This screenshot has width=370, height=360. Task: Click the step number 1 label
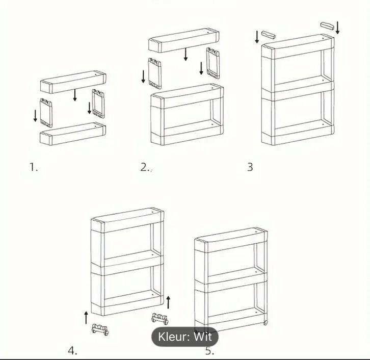click(x=34, y=167)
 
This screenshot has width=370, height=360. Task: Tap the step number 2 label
click(x=145, y=167)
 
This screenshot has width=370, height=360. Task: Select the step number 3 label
click(x=250, y=167)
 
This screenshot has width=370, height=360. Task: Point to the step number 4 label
click(x=72, y=350)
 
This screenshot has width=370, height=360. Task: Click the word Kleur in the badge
click(x=174, y=337)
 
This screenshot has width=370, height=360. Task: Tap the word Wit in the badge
click(x=202, y=337)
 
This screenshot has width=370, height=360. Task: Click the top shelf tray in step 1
click(x=73, y=82)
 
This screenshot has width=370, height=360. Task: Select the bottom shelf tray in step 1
click(x=73, y=133)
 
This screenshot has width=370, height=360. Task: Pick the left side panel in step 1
click(x=46, y=113)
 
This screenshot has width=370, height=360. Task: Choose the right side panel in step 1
click(x=98, y=104)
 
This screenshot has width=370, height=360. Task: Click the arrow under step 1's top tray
click(x=75, y=95)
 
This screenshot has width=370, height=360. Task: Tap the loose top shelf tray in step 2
click(x=184, y=40)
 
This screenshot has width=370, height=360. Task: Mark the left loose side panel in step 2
click(x=155, y=73)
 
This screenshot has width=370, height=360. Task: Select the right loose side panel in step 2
click(x=213, y=63)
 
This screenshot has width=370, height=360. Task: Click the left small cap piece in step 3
click(x=268, y=35)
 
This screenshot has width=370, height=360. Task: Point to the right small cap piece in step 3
click(x=328, y=25)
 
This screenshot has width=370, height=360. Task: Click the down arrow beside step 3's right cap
click(x=338, y=28)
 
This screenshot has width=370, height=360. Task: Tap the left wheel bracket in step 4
click(x=100, y=329)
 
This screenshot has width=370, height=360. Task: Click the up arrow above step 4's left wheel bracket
click(x=86, y=318)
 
